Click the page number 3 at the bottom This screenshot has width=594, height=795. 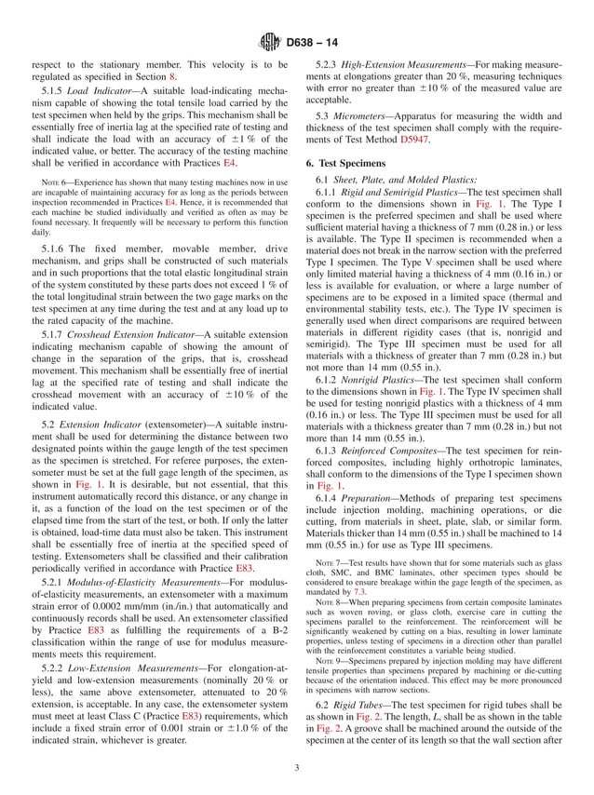pyautogui.click(x=296, y=767)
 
